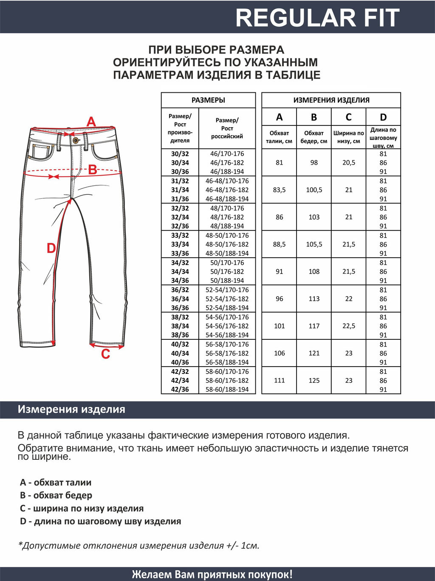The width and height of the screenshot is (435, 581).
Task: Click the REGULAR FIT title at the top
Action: coord(317,18)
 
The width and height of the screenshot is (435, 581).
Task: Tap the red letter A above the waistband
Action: coord(91,122)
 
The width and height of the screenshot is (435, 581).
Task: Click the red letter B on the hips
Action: coord(92,170)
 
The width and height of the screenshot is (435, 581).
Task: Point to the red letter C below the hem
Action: coord(105,354)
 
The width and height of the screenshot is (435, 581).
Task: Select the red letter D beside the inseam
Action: coord(51,248)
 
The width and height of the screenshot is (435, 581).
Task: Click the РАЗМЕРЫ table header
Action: coord(208,100)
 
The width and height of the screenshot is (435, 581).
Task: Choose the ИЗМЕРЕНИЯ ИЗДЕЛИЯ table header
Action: coord(331,100)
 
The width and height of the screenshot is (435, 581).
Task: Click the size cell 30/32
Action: coord(180,154)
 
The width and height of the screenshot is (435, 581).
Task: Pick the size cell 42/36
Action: coord(180,390)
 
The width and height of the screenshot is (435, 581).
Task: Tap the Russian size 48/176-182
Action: coord(227,217)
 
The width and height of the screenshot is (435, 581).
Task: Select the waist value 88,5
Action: coord(279,245)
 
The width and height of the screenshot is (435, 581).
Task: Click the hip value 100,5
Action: coord(314,190)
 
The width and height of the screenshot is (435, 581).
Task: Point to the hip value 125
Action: coord(314,381)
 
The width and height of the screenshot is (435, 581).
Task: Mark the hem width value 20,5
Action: coord(349,163)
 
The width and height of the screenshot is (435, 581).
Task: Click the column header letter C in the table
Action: coord(349,117)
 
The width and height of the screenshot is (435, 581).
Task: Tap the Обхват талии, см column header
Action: coord(279,137)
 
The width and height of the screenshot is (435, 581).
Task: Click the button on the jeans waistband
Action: coord(75,140)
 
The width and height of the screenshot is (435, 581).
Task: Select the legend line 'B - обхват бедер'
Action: coord(56,496)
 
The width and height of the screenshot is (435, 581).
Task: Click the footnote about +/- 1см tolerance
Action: coord(139,546)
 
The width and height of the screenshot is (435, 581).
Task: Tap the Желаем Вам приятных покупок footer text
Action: coord(212,575)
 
